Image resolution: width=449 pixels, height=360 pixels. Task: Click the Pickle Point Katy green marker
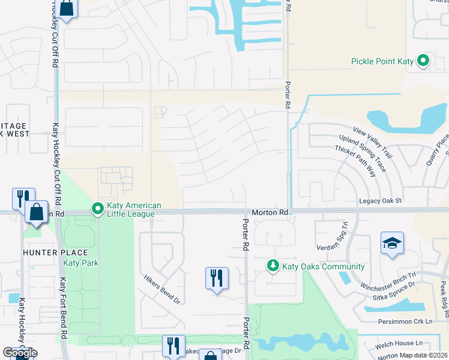423,61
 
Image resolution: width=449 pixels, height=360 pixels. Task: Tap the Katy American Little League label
131,209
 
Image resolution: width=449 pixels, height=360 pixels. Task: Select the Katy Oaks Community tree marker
273,266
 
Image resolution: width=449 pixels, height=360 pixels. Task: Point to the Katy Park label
81,263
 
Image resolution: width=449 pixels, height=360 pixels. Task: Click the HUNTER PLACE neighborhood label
55,253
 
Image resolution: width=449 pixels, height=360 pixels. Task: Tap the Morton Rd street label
270,212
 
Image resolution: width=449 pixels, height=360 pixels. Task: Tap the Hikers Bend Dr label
161,289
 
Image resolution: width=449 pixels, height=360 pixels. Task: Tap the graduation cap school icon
392,243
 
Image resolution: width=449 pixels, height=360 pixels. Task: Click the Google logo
20,352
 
